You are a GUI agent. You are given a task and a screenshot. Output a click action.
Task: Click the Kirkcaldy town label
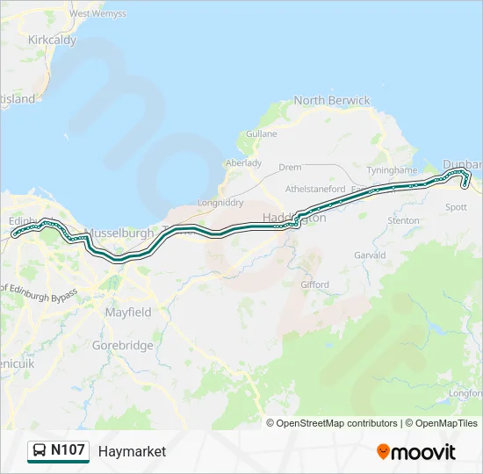tap(52, 39)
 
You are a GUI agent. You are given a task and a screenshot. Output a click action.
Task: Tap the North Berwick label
tap(332, 100)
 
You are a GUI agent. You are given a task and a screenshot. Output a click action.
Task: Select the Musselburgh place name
tap(119, 233)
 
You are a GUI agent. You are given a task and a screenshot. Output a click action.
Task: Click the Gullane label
tap(262, 133)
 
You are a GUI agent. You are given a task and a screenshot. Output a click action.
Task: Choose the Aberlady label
tap(244, 162)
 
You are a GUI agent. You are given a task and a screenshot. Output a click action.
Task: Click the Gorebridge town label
tap(123, 345)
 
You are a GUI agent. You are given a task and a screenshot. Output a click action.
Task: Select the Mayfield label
tap(127, 312)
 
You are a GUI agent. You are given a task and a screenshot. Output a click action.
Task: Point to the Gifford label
tap(314, 284)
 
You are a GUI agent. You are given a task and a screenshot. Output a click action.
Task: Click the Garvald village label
tap(370, 255)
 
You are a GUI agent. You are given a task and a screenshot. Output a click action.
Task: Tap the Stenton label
tap(403, 220)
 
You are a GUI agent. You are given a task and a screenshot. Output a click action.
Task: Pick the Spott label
tap(457, 207)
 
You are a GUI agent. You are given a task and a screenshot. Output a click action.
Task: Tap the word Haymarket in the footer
tap(132, 451)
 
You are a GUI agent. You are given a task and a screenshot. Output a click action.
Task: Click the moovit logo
tap(416, 452)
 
